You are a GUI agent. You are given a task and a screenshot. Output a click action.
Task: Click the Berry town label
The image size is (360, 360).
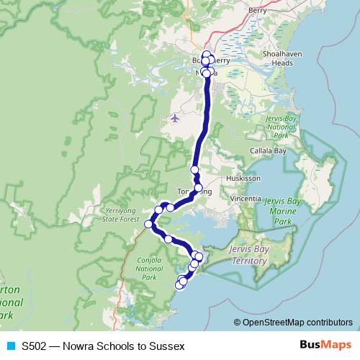[257, 12]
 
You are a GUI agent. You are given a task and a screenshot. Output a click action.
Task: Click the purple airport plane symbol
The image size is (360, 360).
[175, 117]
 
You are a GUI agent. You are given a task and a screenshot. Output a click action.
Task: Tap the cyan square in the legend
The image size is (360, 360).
[10, 346]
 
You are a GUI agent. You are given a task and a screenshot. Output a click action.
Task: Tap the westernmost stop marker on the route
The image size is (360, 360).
[149, 224]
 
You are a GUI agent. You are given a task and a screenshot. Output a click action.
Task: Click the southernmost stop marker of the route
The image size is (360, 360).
[180, 285]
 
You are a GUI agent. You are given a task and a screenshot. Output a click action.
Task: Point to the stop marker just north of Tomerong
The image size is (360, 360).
[194, 170]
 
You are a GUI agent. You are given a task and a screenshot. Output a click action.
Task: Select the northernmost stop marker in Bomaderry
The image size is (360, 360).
[207, 55]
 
